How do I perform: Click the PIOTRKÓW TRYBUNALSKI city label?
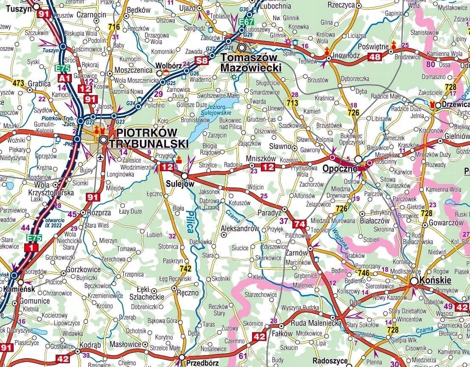149,138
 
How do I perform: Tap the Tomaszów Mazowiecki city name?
251,62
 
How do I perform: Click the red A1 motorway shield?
64,78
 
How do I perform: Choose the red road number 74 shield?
299,224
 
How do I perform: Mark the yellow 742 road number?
185,268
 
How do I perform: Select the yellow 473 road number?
18,83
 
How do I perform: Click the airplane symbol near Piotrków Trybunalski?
100,158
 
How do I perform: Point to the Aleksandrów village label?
240,229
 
